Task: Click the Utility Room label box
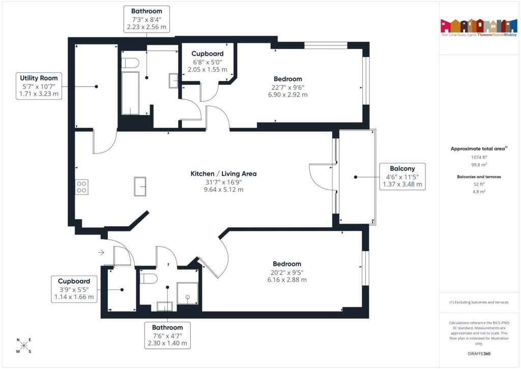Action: click(x=39, y=86)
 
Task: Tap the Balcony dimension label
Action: click(x=402, y=177)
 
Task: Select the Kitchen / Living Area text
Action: click(x=223, y=174)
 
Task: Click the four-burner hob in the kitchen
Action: click(x=81, y=187)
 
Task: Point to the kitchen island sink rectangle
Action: click(x=140, y=186)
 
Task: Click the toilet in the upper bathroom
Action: click(x=131, y=63)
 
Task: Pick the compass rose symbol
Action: click(x=23, y=346)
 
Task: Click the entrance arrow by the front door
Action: click(x=101, y=252)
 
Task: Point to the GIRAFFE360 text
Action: click(x=478, y=353)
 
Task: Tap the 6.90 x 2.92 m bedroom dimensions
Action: click(x=287, y=94)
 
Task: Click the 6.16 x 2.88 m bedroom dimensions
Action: click(x=286, y=279)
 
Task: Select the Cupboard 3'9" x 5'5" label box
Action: click(x=74, y=289)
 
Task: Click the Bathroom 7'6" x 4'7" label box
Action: click(x=167, y=335)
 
